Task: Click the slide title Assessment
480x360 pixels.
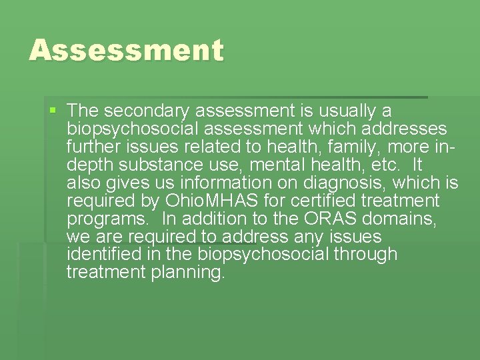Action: (126, 51)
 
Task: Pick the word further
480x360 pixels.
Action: (91, 146)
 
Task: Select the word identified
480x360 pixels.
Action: (99, 254)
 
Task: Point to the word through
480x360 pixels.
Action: (367, 254)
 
